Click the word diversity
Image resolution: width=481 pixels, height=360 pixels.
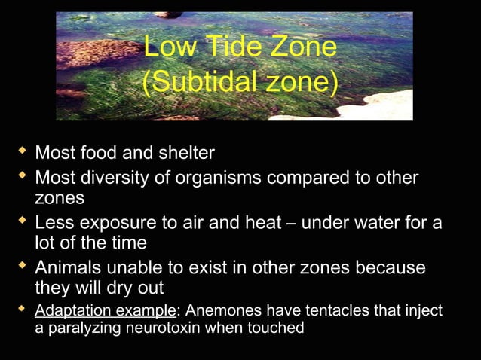click(x=130, y=178)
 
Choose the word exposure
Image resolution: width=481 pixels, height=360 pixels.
click(x=121, y=224)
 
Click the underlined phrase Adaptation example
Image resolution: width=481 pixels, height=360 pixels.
click(x=105, y=310)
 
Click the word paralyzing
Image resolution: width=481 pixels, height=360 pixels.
click(x=81, y=328)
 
